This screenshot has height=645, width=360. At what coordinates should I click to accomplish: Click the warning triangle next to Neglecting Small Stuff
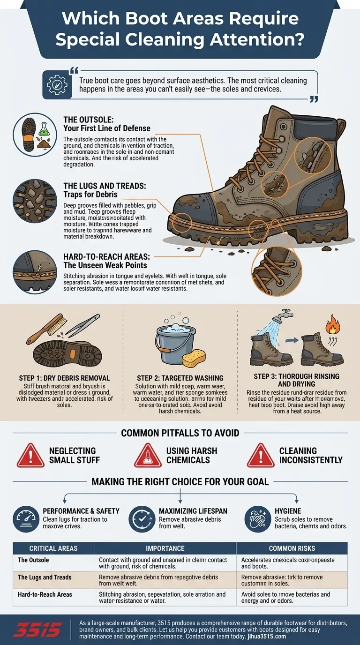click(x=30, y=455)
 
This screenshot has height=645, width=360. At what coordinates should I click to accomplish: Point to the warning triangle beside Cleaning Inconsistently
click(x=261, y=455)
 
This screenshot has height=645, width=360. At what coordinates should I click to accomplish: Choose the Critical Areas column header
click(x=53, y=548)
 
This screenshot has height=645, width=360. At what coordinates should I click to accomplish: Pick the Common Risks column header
click(x=292, y=548)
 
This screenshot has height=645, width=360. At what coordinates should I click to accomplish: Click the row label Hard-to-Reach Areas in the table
click(x=45, y=594)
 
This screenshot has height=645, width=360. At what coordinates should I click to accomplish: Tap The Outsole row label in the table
click(x=33, y=560)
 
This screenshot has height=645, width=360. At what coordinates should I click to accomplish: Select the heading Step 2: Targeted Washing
click(x=180, y=378)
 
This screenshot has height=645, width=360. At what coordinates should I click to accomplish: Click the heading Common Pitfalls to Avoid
click(x=180, y=433)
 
